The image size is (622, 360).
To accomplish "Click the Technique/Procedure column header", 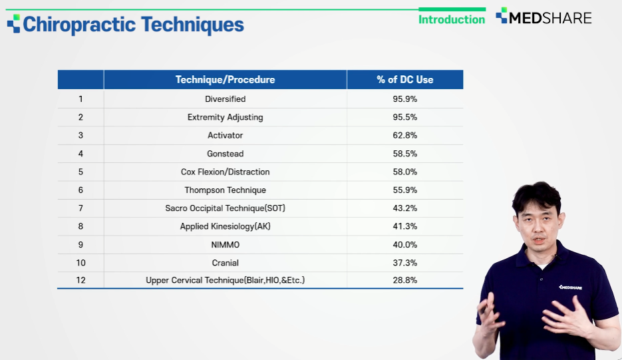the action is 225,79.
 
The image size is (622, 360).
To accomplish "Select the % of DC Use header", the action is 404,79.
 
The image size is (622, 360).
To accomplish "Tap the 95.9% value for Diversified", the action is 404,99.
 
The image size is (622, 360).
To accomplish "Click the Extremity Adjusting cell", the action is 225,117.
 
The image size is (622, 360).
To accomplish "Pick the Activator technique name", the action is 225,135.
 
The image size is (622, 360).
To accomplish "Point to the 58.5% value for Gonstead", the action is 404,154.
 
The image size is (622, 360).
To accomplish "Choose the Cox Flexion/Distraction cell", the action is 225,172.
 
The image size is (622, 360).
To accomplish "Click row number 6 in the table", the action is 80,190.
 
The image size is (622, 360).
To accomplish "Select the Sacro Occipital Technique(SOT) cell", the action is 225,208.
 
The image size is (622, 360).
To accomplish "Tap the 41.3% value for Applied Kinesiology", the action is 404,226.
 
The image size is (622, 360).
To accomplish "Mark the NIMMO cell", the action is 225,244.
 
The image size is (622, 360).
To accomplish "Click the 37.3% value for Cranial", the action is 404,263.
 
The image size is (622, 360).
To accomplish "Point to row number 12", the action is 80,280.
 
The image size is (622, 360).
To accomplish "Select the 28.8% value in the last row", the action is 404,280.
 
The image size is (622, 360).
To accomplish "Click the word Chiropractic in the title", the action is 79,25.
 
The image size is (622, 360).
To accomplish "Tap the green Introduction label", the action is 452,19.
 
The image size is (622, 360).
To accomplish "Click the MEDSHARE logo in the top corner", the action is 544,17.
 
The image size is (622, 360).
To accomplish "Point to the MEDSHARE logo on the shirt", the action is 570,287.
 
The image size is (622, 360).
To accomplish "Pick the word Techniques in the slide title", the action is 192,25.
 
